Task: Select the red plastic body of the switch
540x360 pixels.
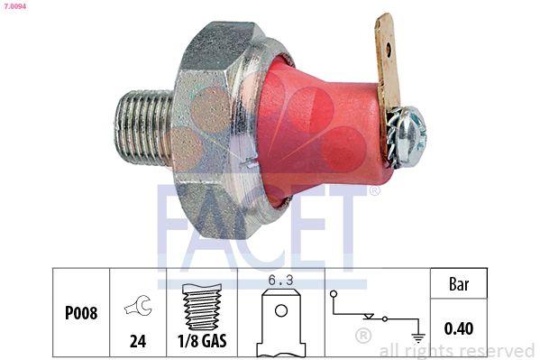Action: [x=316, y=126]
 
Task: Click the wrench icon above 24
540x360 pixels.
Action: [x=138, y=305]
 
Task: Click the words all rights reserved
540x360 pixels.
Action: [x=456, y=350]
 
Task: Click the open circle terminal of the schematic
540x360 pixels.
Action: [x=334, y=294]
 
